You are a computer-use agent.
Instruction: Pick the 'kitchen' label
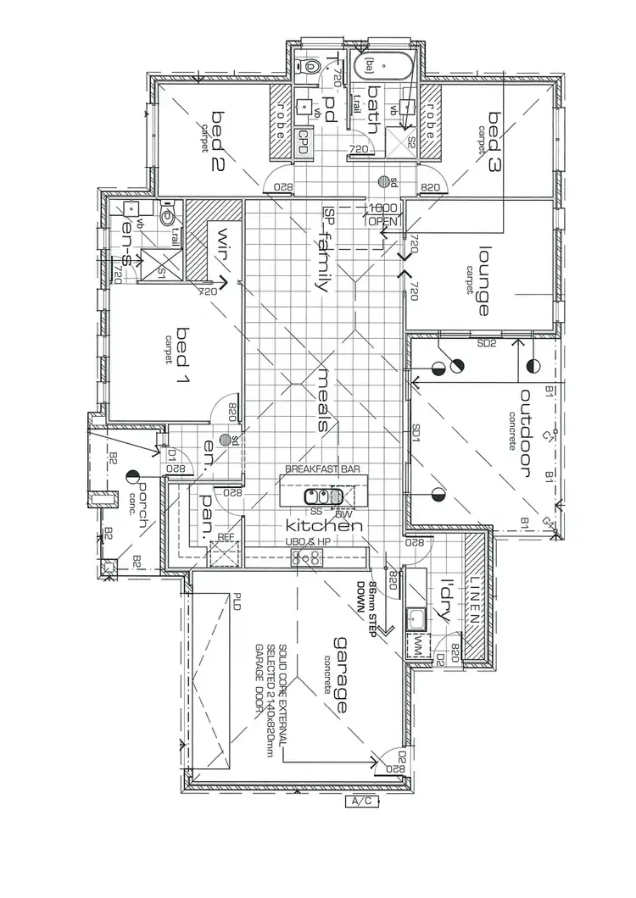tap(325, 526)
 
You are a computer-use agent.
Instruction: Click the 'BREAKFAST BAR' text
tap(325, 468)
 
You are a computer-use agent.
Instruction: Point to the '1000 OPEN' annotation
tap(382, 214)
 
